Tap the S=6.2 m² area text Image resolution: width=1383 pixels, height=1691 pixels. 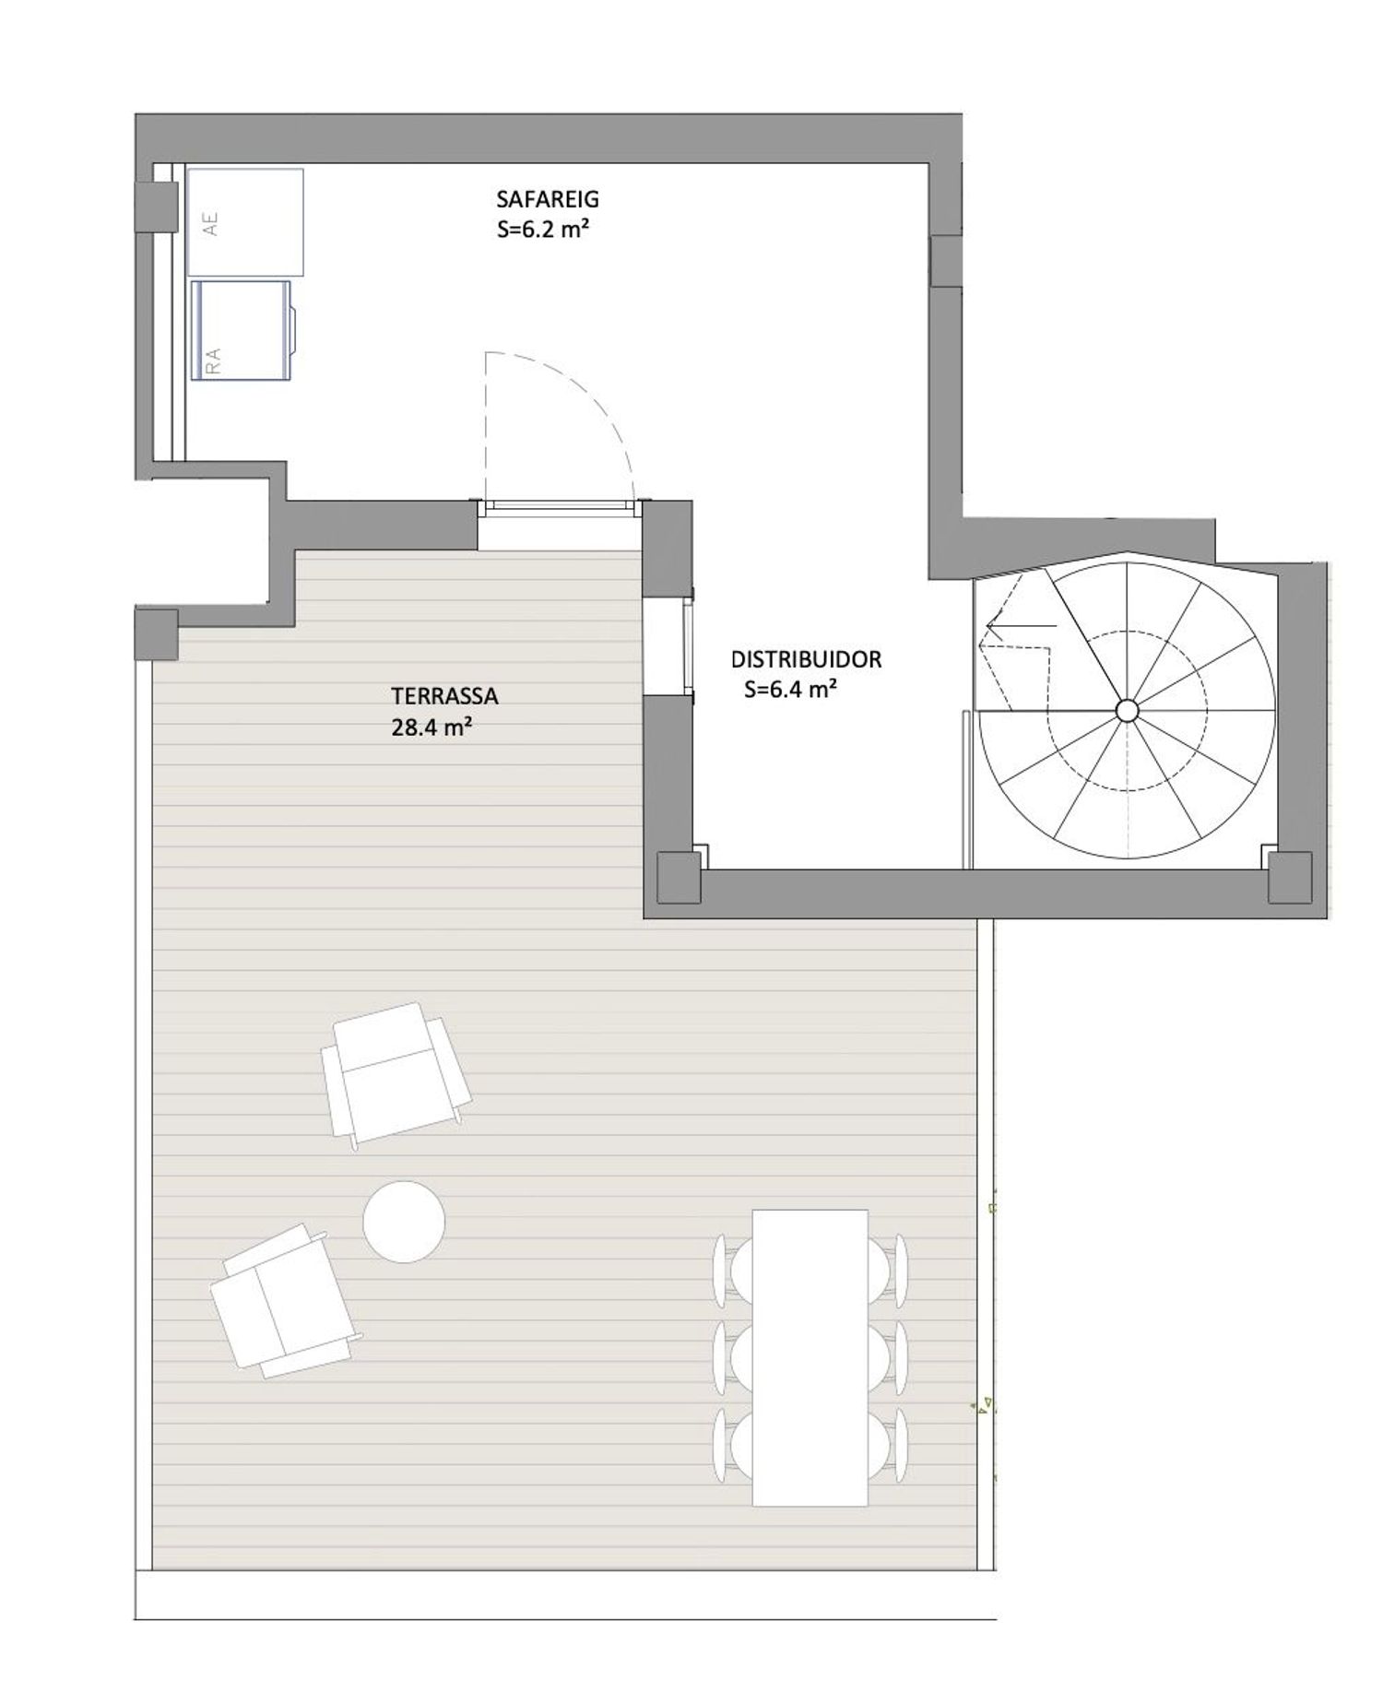pyautogui.click(x=543, y=230)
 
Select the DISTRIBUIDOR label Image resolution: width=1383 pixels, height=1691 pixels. pyautogui.click(x=806, y=659)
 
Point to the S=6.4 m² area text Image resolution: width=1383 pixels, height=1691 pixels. pyautogui.click(x=790, y=689)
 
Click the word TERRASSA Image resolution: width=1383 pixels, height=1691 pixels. pyautogui.click(x=444, y=695)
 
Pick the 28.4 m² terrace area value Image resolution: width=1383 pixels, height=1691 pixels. pyautogui.click(x=432, y=727)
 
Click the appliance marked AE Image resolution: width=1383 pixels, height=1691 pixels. pyautogui.click(x=245, y=221)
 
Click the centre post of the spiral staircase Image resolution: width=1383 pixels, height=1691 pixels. pyautogui.click(x=1126, y=710)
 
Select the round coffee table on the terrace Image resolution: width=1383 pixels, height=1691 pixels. pyautogui.click(x=404, y=1222)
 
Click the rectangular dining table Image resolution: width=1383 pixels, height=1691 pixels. pyautogui.click(x=810, y=1357)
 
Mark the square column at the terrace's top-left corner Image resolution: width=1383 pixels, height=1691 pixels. pyautogui.click(x=156, y=634)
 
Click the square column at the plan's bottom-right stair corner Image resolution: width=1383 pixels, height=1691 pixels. pyautogui.click(x=1289, y=877)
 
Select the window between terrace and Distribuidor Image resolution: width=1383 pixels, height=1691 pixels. pyautogui.click(x=687, y=645)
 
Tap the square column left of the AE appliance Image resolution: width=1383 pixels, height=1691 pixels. pyautogui.click(x=156, y=207)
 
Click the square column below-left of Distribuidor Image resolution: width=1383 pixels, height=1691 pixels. pyautogui.click(x=679, y=877)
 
